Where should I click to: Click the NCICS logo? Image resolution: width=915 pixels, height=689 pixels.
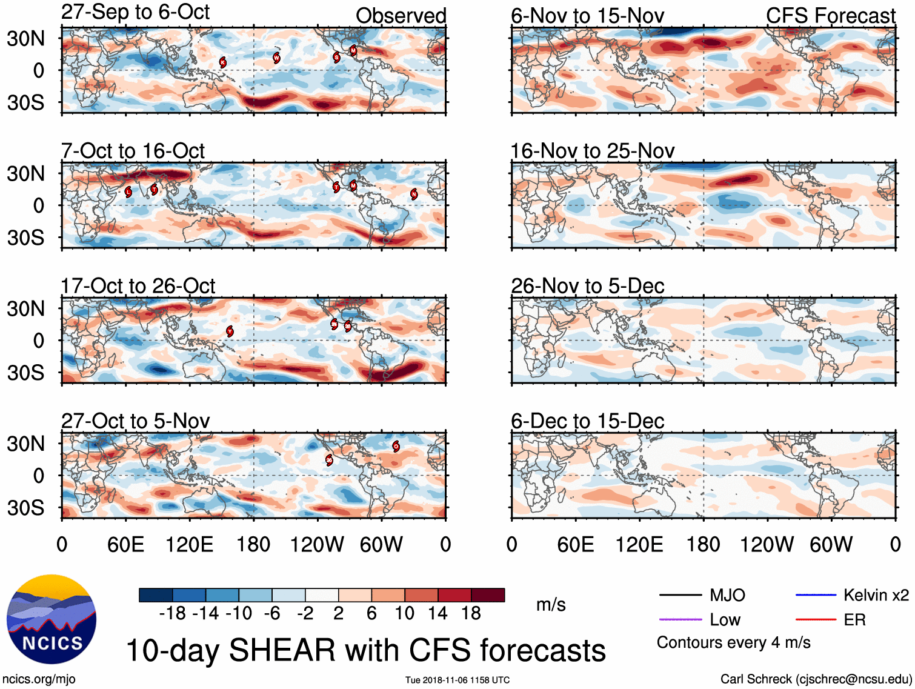point(52,619)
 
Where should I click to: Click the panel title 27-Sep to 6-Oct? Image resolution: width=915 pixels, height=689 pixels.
point(135,12)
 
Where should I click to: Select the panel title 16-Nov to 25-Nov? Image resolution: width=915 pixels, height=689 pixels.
point(592,151)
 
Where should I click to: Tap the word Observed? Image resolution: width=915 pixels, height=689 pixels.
point(401,16)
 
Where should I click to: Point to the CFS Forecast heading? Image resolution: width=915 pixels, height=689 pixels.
point(830,16)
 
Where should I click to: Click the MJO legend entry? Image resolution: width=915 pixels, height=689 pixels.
point(727,595)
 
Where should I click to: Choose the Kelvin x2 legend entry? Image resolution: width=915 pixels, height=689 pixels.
point(876,595)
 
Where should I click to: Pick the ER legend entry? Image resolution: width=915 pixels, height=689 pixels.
point(854,620)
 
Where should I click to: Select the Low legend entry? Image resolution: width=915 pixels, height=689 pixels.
point(725,620)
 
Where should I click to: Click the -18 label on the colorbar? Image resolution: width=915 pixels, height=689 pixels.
point(172,613)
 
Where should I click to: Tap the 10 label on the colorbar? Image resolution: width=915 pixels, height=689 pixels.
point(404,613)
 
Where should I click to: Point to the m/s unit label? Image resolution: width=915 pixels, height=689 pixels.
point(551,604)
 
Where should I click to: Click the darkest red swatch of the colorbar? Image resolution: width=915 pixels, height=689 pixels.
point(488,595)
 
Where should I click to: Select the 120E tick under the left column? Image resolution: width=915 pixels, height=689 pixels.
point(189,544)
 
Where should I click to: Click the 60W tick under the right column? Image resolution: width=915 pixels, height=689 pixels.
point(831,544)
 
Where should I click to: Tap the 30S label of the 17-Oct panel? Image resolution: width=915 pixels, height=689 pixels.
point(25,372)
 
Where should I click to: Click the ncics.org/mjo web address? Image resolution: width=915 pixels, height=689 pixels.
point(39,679)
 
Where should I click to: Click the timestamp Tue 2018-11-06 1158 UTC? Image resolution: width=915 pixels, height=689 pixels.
point(457,680)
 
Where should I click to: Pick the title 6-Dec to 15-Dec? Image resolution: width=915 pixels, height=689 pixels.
point(587,421)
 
